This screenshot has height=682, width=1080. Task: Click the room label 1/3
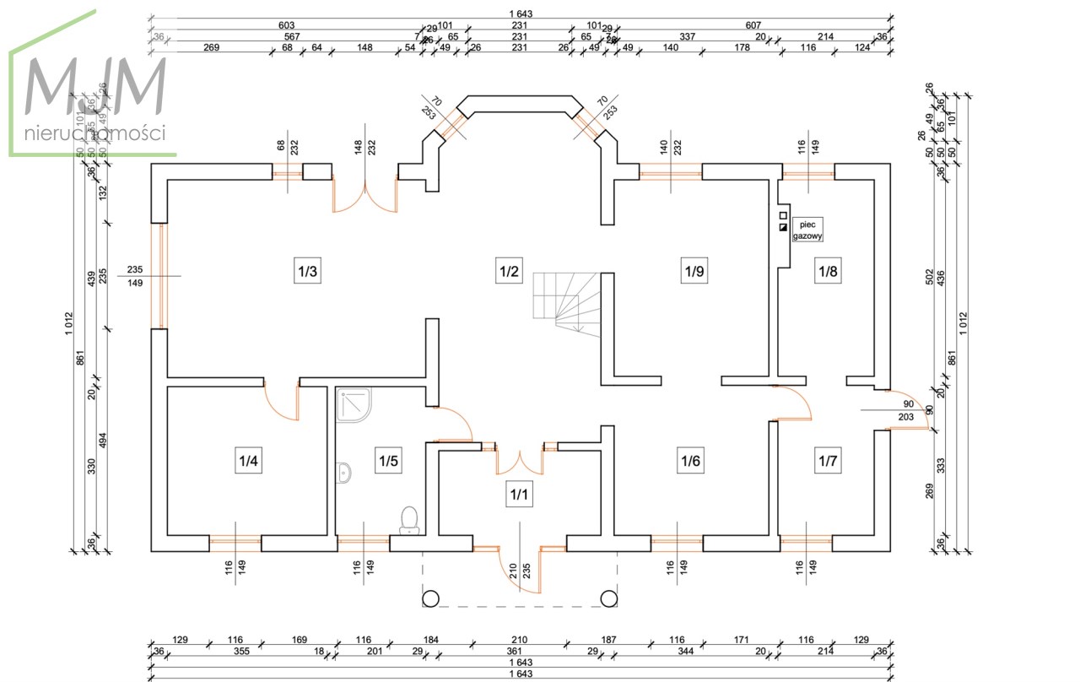point(306,272)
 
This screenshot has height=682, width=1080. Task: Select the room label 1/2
point(507,272)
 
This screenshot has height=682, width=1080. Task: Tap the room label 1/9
point(693,272)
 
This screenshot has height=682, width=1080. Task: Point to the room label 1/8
point(826,272)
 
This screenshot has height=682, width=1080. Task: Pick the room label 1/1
point(518,494)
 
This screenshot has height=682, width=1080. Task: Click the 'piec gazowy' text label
point(807,231)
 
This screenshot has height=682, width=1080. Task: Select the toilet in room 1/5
point(409,519)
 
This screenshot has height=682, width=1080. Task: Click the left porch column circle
point(430,598)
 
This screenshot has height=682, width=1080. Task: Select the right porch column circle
point(608,598)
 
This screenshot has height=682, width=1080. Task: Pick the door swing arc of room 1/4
point(280,403)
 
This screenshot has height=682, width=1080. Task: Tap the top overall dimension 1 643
point(521,14)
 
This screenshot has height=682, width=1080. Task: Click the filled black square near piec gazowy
point(783,227)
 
